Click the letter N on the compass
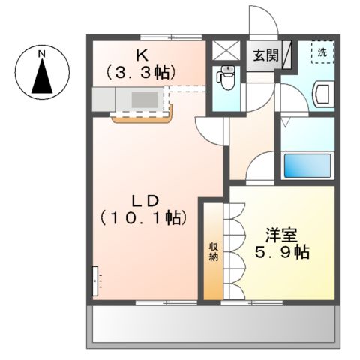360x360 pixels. point(43,54)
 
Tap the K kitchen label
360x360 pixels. point(141,55)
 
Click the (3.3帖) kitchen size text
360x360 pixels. point(141,72)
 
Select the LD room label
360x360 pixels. point(144,200)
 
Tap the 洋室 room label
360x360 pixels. point(281,233)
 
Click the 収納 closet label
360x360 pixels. point(214,250)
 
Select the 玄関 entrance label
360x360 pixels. point(264,55)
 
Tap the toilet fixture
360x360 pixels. point(226,77)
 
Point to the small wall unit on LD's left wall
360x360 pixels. point(95,280)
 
